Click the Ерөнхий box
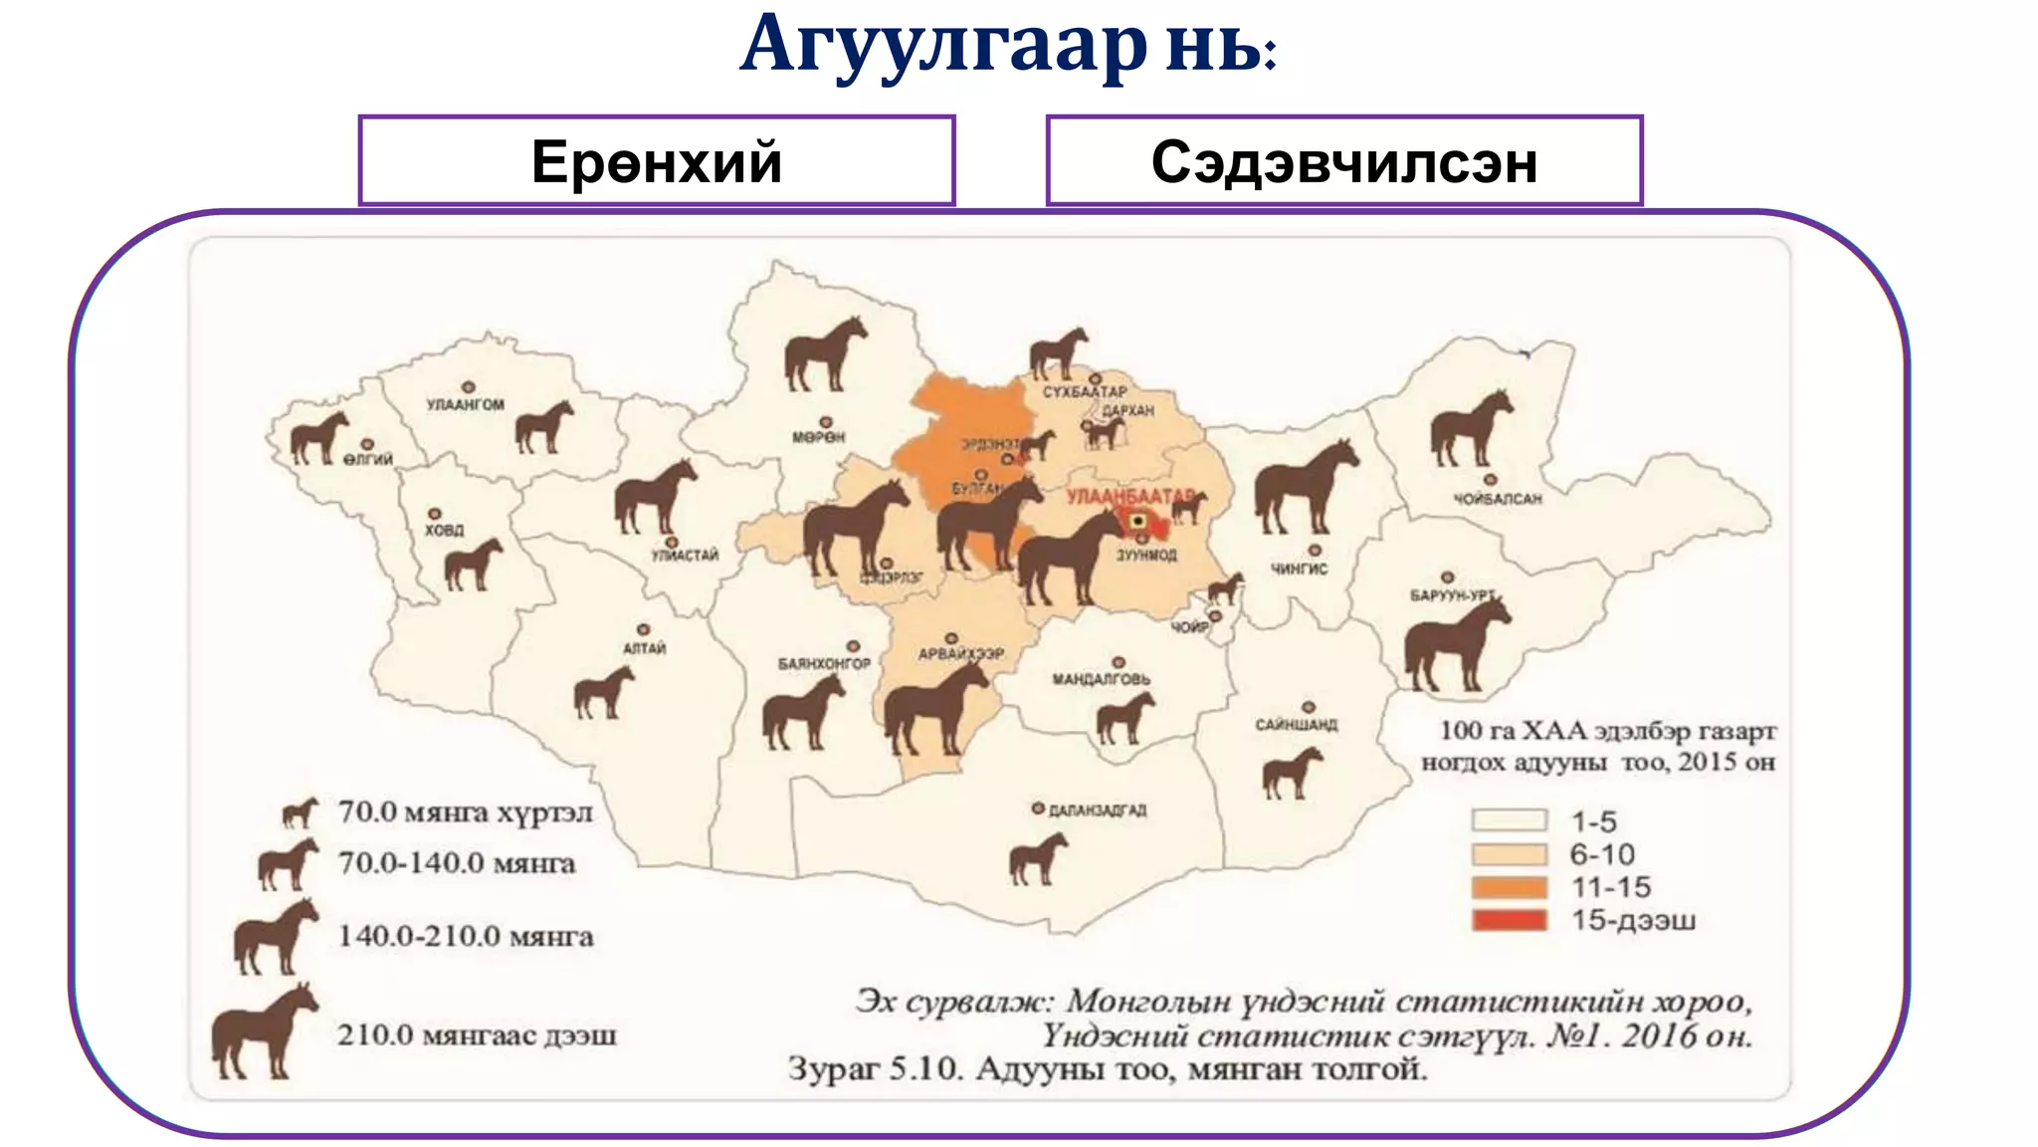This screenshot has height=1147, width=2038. [x=656, y=161]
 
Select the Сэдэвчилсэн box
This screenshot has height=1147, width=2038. [x=1343, y=161]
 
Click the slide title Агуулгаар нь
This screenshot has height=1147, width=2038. [x=1007, y=46]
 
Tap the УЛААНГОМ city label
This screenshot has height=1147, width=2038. [x=465, y=405]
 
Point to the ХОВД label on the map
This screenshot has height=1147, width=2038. [x=444, y=531]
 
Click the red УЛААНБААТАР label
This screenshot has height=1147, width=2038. [x=1129, y=496]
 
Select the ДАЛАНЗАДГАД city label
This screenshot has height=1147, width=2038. [x=1098, y=810]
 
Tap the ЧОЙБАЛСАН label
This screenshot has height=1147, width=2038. [x=1497, y=499]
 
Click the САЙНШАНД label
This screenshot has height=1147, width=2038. [x=1296, y=725]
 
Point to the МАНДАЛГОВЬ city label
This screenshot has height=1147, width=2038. [x=1101, y=679]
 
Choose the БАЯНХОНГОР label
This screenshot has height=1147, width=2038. [x=823, y=663]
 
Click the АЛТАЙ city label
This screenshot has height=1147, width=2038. [x=644, y=648]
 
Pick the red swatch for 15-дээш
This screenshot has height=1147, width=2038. [x=1510, y=920]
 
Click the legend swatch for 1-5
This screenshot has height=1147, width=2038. [x=1510, y=820]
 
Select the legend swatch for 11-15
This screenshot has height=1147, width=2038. [x=1510, y=887]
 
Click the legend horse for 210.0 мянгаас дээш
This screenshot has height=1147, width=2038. [x=263, y=1032]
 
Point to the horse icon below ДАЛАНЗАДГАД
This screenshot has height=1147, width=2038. [x=1037, y=858]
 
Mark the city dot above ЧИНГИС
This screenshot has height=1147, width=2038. [x=1315, y=551]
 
